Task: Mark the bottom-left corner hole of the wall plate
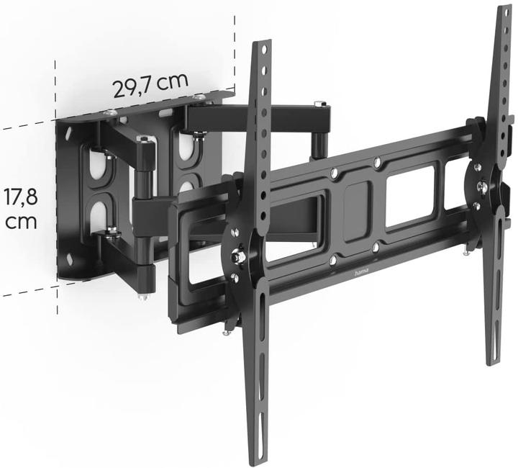point(71,258)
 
